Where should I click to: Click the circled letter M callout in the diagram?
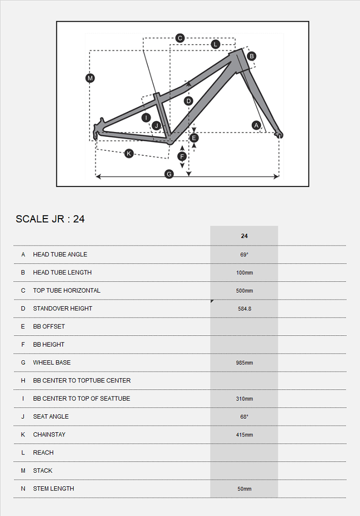point(90,78)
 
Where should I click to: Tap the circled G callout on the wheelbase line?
point(169,174)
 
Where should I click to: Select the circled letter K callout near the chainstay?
point(129,154)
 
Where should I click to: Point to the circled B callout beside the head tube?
point(251,56)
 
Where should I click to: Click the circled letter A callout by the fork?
point(257,125)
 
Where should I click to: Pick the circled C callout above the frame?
point(180,38)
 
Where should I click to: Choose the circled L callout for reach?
point(215,44)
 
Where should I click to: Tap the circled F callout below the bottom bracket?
point(182,156)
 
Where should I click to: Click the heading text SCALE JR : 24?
point(50,219)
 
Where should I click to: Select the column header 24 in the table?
point(244,236)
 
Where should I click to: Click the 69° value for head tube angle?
point(244,255)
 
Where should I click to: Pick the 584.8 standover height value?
point(244,308)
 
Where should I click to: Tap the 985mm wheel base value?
point(244,363)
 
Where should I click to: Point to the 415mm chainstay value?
point(244,435)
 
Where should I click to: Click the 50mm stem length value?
point(244,489)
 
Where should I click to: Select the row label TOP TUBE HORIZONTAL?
point(67,290)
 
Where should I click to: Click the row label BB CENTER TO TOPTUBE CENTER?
point(82,381)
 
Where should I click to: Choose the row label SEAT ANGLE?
point(51,416)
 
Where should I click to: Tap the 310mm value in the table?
point(244,399)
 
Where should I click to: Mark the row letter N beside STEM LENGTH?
point(23,489)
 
